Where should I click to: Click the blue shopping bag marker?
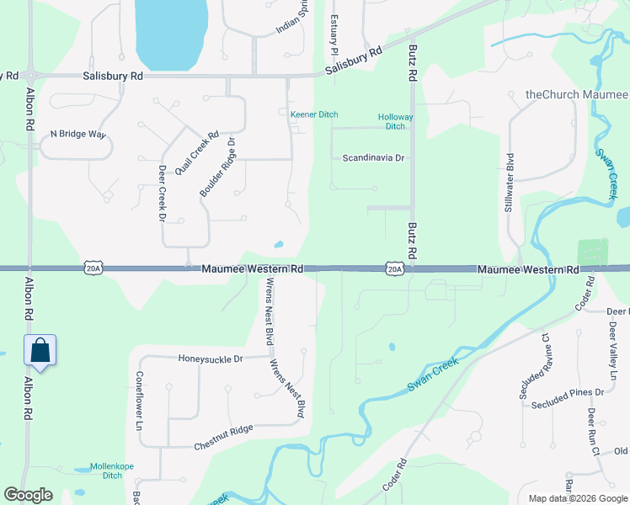tap(40, 350)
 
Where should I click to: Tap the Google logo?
tap(28, 496)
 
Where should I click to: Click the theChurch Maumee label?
tap(576, 94)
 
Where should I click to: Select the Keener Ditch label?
tap(314, 114)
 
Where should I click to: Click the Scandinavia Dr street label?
tap(374, 157)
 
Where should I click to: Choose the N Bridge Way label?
tap(77, 134)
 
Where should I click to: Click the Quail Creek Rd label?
tap(197, 152)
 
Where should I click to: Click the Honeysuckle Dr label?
tap(211, 359)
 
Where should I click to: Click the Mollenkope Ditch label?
tap(101, 470)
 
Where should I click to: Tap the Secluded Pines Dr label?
tap(568, 392)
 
